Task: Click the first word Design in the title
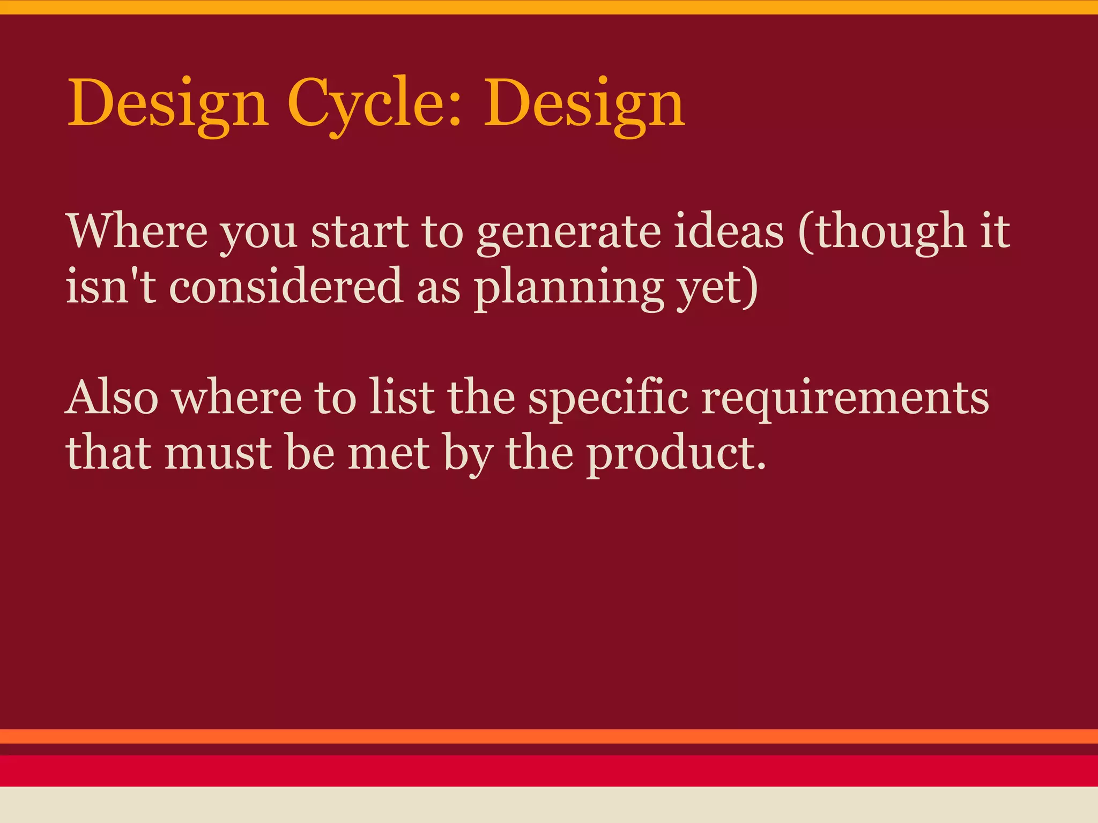click(x=167, y=104)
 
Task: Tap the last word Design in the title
click(x=584, y=104)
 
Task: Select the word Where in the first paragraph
click(x=137, y=231)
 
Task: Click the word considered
click(x=286, y=287)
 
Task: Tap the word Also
click(x=112, y=398)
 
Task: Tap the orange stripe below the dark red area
click(x=549, y=736)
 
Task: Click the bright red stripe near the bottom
click(x=549, y=770)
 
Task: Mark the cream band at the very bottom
click(x=549, y=805)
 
